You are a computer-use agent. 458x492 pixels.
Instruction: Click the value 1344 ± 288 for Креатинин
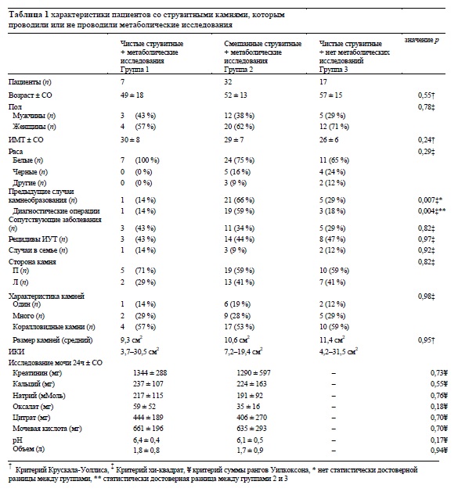[150, 373]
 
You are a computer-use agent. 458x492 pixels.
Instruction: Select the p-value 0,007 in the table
[427, 200]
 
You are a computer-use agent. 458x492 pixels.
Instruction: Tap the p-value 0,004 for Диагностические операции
[427, 211]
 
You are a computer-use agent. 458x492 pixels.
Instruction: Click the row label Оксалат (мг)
[33, 407]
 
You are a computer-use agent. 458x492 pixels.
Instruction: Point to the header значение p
[421, 40]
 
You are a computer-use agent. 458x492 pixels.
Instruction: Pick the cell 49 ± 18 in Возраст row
[132, 95]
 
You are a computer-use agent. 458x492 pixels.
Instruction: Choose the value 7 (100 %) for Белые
[140, 160]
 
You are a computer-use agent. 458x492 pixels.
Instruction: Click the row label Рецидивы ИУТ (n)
[38, 239]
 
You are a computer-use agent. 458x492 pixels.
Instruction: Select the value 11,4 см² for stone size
[332, 339]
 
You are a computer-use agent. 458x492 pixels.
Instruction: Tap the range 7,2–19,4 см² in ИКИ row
[243, 351]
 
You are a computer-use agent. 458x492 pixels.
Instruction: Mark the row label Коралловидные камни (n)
[54, 327]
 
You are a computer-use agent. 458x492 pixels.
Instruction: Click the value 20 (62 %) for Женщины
[240, 127]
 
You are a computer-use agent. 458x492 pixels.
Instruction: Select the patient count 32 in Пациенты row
[228, 82]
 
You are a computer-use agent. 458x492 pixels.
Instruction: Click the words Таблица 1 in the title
[28, 15]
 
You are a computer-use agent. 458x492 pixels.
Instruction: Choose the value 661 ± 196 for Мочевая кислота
[148, 429]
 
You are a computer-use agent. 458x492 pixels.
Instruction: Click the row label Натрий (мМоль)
[39, 396]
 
